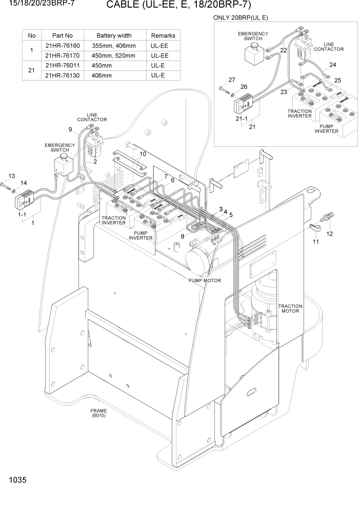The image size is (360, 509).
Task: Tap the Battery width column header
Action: pyautogui.click(x=114, y=35)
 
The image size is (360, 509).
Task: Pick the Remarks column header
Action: pyautogui.click(x=163, y=35)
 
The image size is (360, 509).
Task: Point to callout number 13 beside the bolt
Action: pyautogui.click(x=11, y=175)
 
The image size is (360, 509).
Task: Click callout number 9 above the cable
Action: pyautogui.click(x=70, y=129)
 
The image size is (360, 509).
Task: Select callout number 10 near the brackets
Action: pyautogui.click(x=143, y=154)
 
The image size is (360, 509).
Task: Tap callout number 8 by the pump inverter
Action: pyautogui.click(x=183, y=236)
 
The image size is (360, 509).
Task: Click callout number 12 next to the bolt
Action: pyautogui.click(x=330, y=233)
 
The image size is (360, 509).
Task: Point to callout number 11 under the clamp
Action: pyautogui.click(x=315, y=241)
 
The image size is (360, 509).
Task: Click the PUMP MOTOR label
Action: pyautogui.click(x=205, y=281)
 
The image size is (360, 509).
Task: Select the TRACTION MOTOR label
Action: pyautogui.click(x=290, y=309)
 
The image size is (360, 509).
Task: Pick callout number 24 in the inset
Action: pyautogui.click(x=333, y=65)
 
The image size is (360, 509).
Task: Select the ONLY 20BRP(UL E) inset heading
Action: pyautogui.click(x=241, y=17)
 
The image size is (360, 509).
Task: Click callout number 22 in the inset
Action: pyautogui.click(x=284, y=50)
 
